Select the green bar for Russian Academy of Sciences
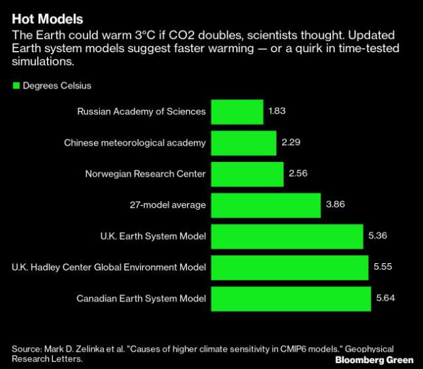[x=236, y=112]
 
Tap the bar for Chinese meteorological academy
[x=244, y=143]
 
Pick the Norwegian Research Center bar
[x=247, y=174]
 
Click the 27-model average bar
[x=265, y=205]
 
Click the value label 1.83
[x=277, y=112]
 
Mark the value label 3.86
[x=336, y=205]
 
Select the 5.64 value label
[x=385, y=298]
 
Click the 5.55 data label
[x=383, y=267]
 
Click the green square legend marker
[x=16, y=86]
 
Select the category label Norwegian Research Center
[x=145, y=174]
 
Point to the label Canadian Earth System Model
[x=141, y=298]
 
